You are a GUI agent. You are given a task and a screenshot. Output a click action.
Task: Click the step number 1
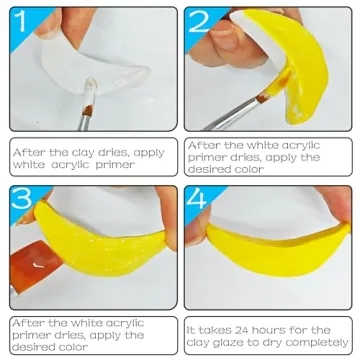click(20, 21)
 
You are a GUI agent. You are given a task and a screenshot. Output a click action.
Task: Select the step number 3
click(22, 199)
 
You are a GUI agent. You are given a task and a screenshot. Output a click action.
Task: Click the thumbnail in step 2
click(223, 37)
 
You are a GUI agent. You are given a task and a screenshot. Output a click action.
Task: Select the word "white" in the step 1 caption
click(29, 164)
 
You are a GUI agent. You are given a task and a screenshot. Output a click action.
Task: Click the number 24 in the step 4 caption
click(242, 330)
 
